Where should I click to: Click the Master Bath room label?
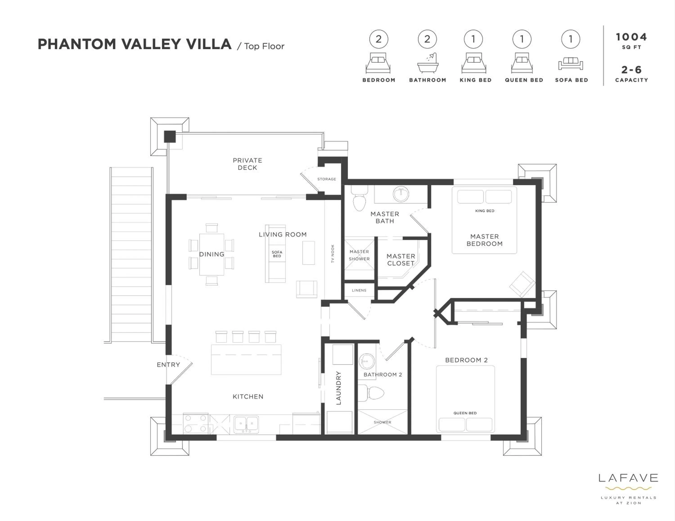pos(385,217)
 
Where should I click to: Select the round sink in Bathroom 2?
pos(367,361)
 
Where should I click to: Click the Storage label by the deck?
pos(326,179)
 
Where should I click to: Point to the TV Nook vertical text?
pos(333,254)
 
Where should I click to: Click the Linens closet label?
pos(359,290)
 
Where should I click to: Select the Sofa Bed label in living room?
pos(277,254)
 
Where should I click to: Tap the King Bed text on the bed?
pos(485,211)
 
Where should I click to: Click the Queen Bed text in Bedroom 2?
pos(465,413)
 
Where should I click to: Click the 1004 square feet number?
pos(631,37)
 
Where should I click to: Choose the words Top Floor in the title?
pos(264,46)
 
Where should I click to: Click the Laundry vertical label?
pos(338,388)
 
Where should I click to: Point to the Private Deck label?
pos(247,164)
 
